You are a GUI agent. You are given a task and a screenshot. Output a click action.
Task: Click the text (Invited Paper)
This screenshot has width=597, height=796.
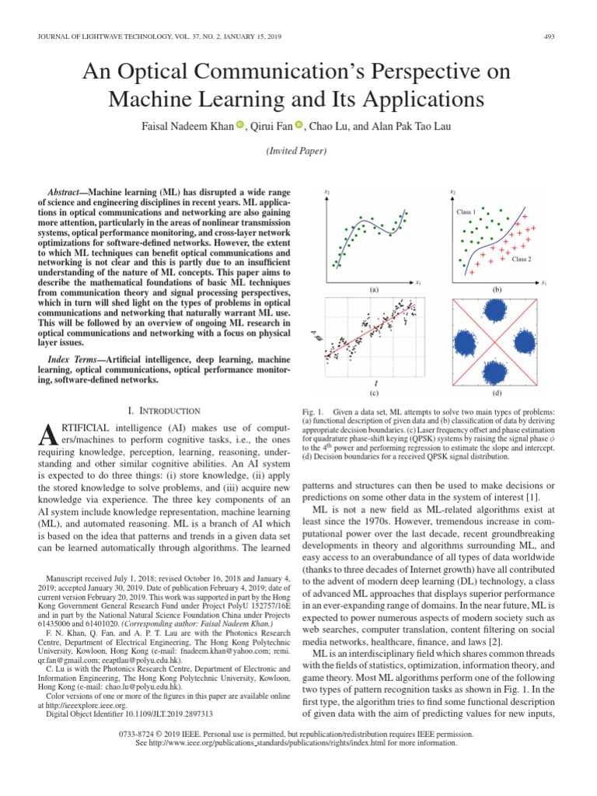click(298, 151)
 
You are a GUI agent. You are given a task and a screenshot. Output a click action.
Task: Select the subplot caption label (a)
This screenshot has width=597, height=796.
click(374, 290)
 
